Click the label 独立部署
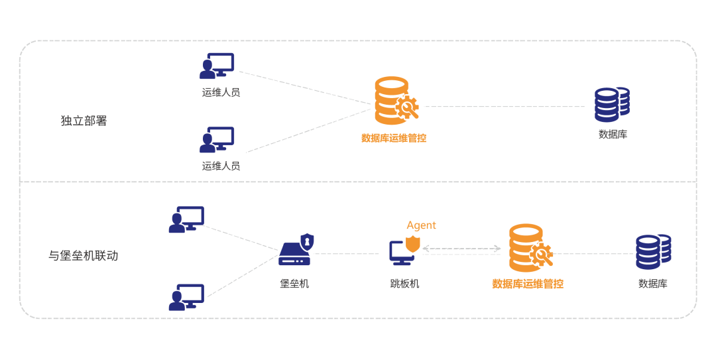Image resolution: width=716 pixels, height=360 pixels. (x=84, y=121)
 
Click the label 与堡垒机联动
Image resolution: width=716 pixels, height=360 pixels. (x=84, y=255)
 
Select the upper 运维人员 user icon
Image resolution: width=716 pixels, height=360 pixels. (x=217, y=66)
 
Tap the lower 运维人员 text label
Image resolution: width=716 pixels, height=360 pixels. (x=221, y=166)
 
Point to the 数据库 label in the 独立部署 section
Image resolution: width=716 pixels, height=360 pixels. (x=613, y=135)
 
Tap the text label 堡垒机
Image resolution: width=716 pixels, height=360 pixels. (x=294, y=284)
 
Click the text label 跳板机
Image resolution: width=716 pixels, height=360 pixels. (x=404, y=284)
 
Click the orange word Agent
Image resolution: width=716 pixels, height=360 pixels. (x=421, y=225)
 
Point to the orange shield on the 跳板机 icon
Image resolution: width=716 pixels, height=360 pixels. (x=413, y=243)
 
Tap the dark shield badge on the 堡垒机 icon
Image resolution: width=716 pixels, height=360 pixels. (x=307, y=240)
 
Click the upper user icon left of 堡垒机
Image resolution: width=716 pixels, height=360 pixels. (x=186, y=219)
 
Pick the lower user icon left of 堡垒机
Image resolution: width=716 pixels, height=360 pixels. (x=186, y=297)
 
